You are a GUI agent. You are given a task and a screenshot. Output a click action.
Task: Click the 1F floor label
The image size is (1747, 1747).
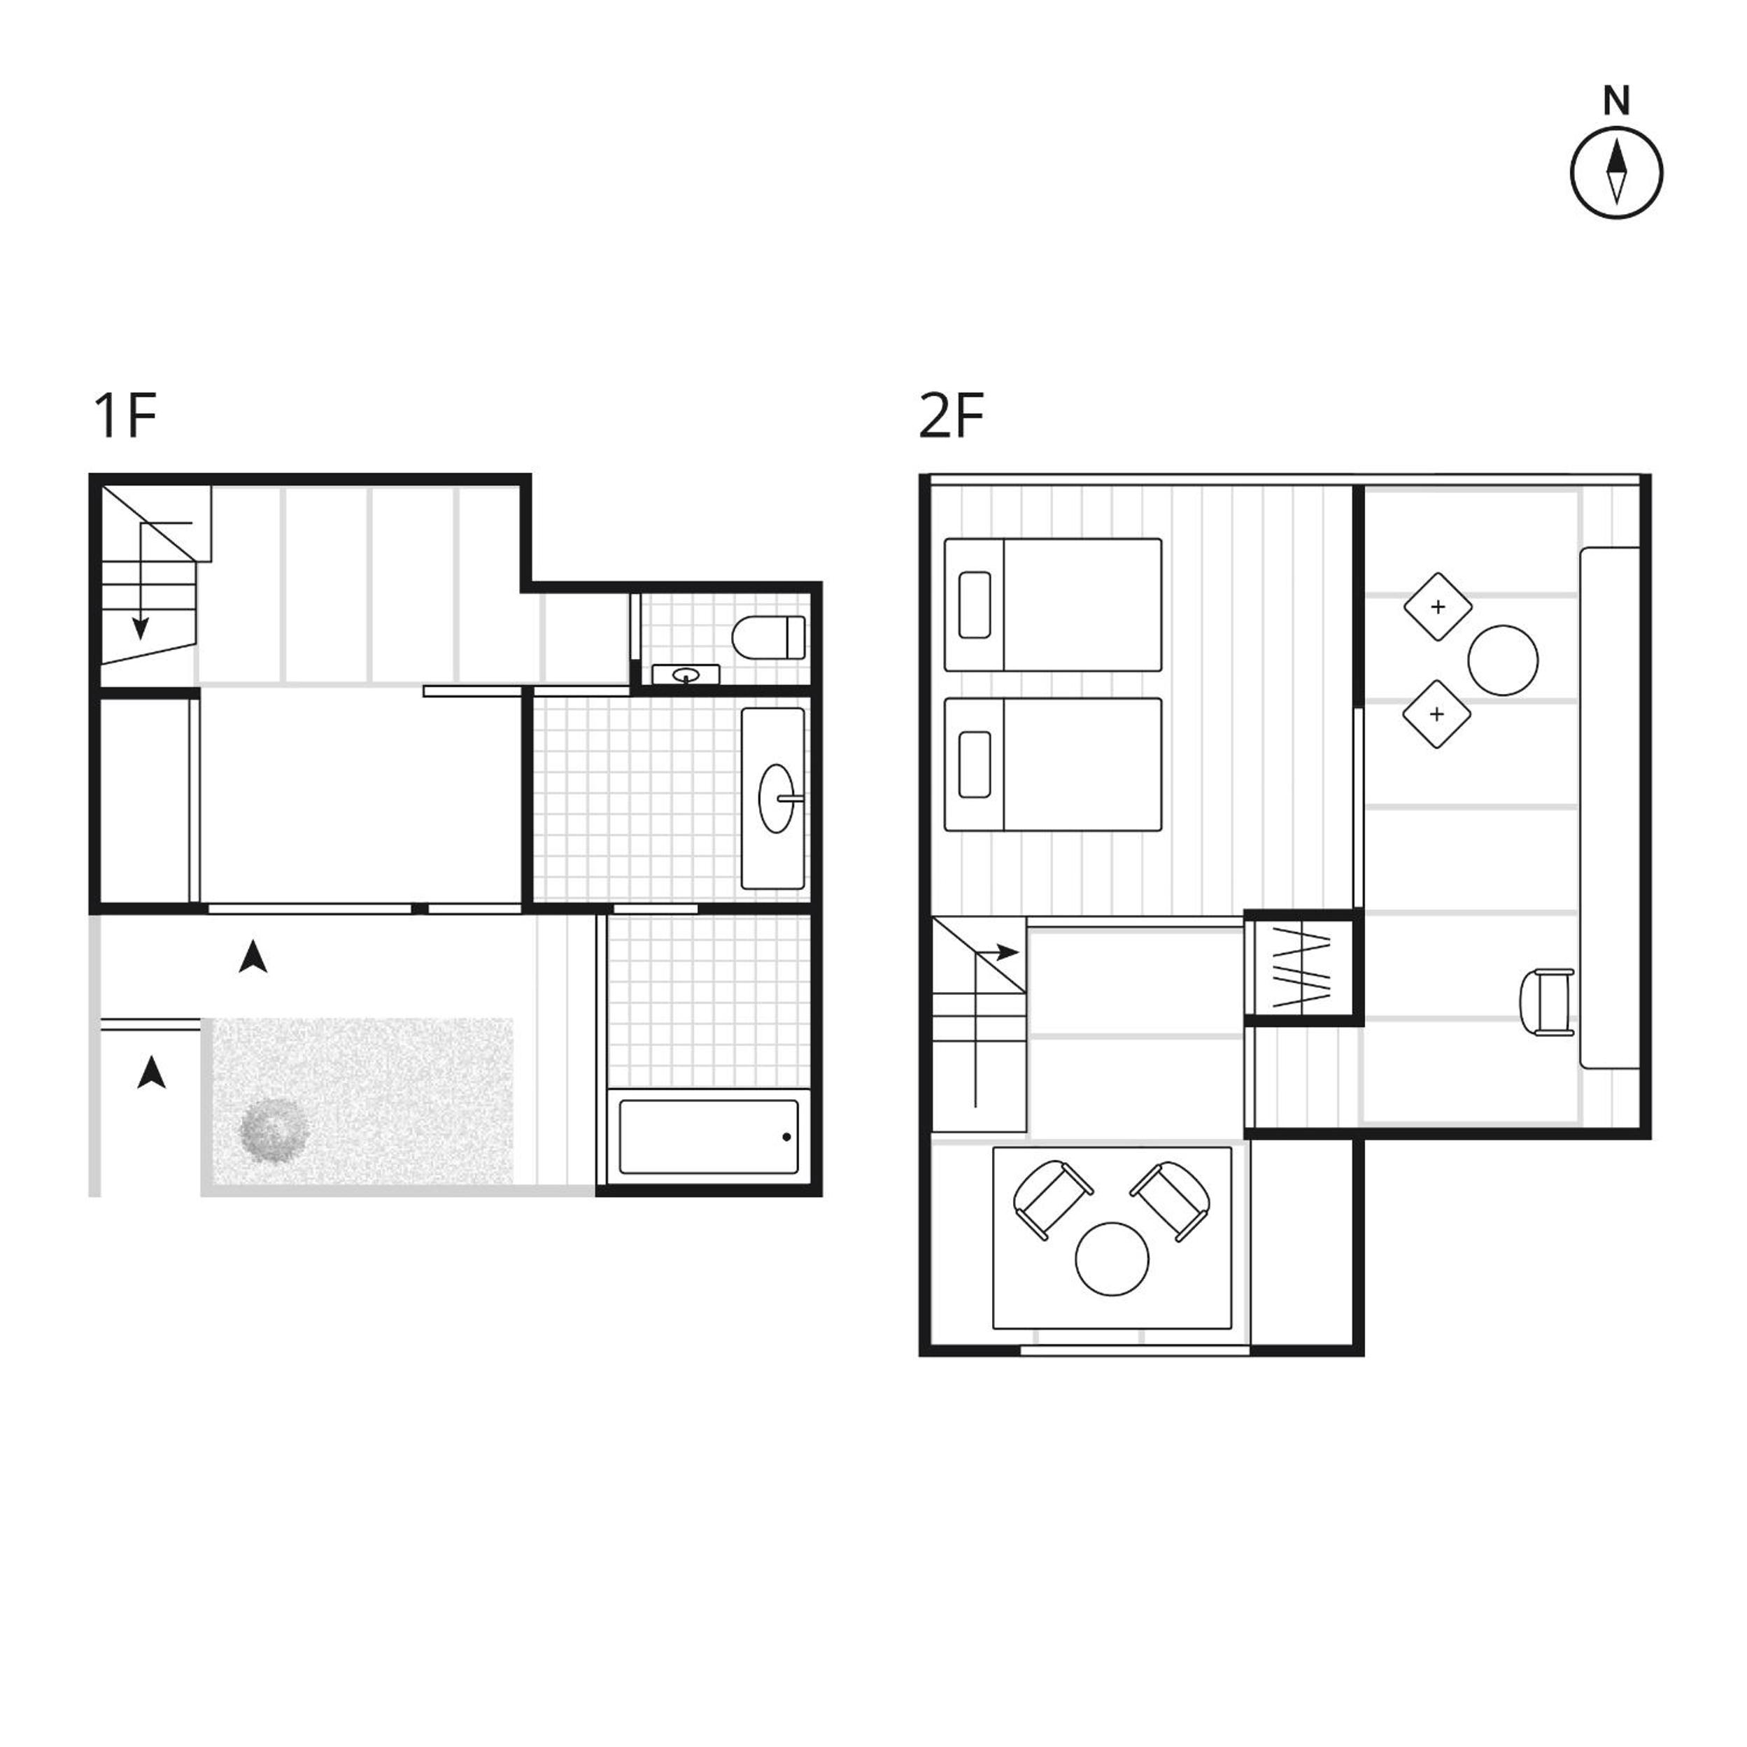coord(126,416)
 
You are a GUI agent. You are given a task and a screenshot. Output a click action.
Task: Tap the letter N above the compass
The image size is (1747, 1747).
coord(1616,101)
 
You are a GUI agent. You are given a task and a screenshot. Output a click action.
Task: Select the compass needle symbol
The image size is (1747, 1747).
coord(1616,172)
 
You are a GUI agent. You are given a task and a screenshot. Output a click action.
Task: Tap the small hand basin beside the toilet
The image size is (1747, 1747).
coord(686,674)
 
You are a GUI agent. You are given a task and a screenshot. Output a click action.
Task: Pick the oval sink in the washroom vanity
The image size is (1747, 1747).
coord(776,798)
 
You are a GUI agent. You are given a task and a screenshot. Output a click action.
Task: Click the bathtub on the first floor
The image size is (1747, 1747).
coord(709,1137)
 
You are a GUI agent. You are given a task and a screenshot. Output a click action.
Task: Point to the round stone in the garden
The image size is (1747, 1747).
coord(275,1129)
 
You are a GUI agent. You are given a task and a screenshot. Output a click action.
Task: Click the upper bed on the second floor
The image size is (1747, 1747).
coord(1052,605)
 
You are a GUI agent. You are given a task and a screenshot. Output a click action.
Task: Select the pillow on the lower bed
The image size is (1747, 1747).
coord(974,764)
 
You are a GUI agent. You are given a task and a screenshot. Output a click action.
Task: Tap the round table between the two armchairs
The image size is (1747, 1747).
coord(1112,1259)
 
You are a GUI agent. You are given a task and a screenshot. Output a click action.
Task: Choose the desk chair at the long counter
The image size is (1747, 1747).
coord(1548,1001)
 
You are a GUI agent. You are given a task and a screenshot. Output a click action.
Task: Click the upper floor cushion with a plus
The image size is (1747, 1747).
coord(1438,607)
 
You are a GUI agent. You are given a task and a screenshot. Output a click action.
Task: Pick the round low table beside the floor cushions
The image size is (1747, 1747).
coord(1503,661)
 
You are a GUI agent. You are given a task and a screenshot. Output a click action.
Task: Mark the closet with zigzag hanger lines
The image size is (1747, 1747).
coord(1303,967)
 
